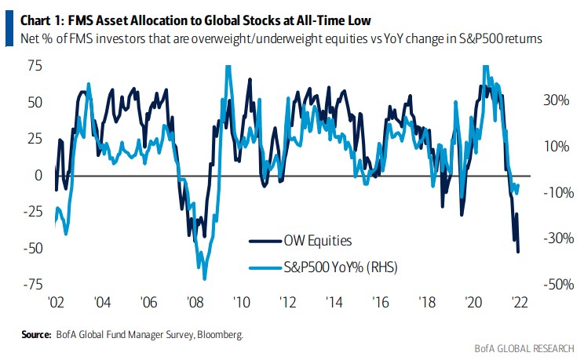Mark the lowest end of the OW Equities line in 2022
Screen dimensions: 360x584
(518, 252)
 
